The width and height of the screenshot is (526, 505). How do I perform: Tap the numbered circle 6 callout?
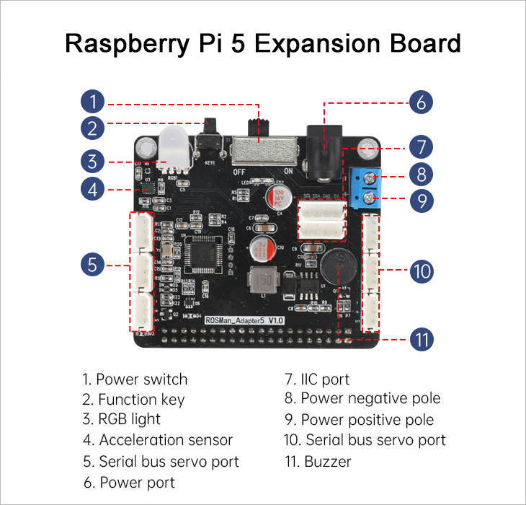coord(421,101)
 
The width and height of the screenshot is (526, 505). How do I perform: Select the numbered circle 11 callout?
coord(421,338)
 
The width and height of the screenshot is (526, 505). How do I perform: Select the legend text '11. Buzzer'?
coord(318,460)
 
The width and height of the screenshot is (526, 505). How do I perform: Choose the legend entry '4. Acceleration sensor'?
coord(157,439)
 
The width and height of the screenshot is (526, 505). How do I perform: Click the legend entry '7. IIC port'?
coord(318,379)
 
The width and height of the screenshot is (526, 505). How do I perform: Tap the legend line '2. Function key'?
coord(133,399)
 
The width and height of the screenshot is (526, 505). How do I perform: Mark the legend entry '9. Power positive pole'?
coord(360,419)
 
